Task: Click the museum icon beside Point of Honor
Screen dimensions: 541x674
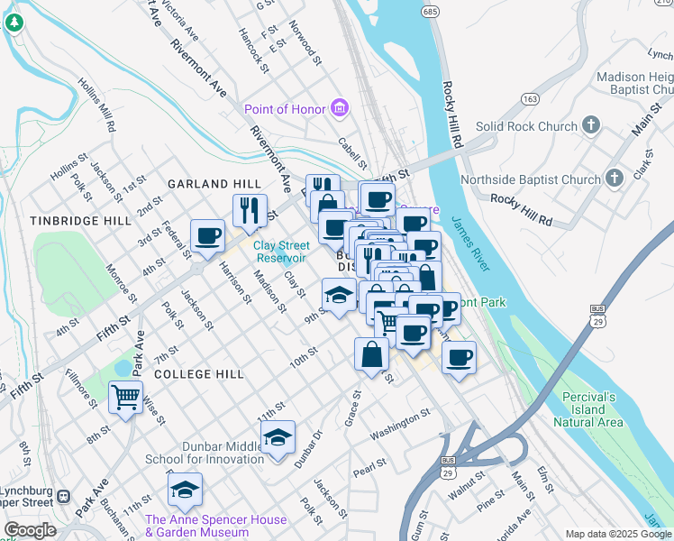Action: [x=340, y=109]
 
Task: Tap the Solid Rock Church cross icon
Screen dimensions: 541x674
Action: [x=591, y=126]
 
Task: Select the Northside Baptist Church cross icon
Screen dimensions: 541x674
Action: [x=615, y=179]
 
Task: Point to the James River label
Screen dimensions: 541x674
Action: [x=469, y=243]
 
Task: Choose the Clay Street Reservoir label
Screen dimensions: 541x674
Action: [x=280, y=251]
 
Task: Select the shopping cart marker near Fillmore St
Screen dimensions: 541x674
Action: [x=125, y=396]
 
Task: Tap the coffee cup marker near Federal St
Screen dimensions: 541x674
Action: [x=207, y=235]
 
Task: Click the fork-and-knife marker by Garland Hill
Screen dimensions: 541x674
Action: [x=250, y=211]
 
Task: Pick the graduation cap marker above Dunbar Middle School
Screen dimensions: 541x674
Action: [x=278, y=437]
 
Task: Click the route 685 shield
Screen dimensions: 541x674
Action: [x=430, y=11]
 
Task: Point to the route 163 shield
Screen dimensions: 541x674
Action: [x=530, y=96]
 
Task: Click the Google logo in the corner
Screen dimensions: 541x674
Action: [x=30, y=530]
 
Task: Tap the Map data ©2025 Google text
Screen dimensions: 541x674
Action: [x=618, y=534]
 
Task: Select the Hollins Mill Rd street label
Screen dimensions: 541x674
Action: [x=96, y=105]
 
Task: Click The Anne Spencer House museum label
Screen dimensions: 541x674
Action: [x=216, y=526]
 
